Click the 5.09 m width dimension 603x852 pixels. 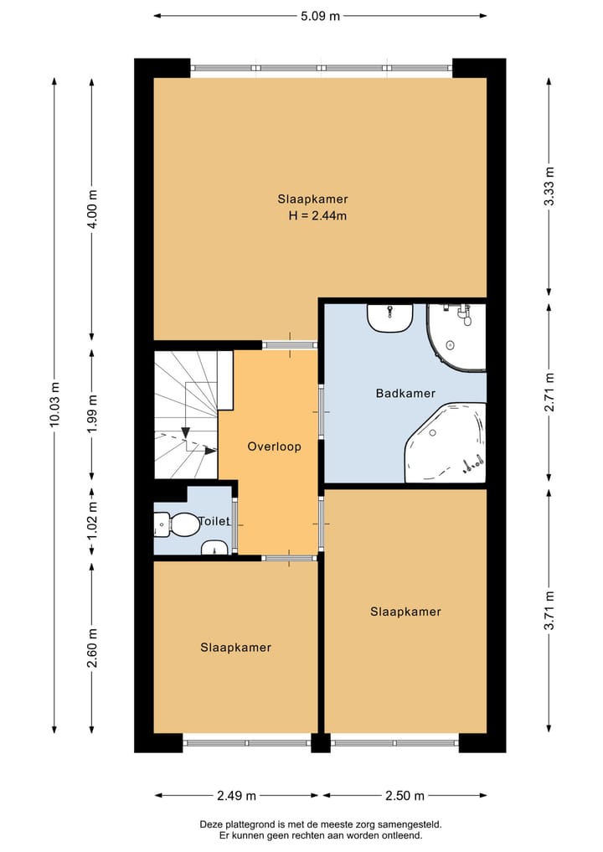(x=321, y=16)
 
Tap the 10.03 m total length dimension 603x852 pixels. (x=54, y=405)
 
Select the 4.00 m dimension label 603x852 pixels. (x=92, y=209)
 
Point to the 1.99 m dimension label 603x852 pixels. (x=92, y=414)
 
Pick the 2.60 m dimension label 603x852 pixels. (x=92, y=648)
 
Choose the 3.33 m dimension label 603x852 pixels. (x=549, y=186)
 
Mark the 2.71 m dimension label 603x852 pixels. (x=549, y=392)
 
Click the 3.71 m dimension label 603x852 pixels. (x=549, y=611)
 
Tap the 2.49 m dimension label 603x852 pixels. (x=236, y=796)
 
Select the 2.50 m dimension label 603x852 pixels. (x=405, y=796)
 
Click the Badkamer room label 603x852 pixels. (x=405, y=393)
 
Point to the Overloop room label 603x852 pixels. (x=274, y=447)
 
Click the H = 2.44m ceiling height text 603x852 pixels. (x=317, y=215)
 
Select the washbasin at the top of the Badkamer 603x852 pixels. (x=390, y=318)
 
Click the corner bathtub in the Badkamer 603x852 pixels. (x=446, y=442)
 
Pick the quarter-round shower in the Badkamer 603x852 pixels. (x=456, y=338)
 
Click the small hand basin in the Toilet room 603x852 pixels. (x=215, y=548)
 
